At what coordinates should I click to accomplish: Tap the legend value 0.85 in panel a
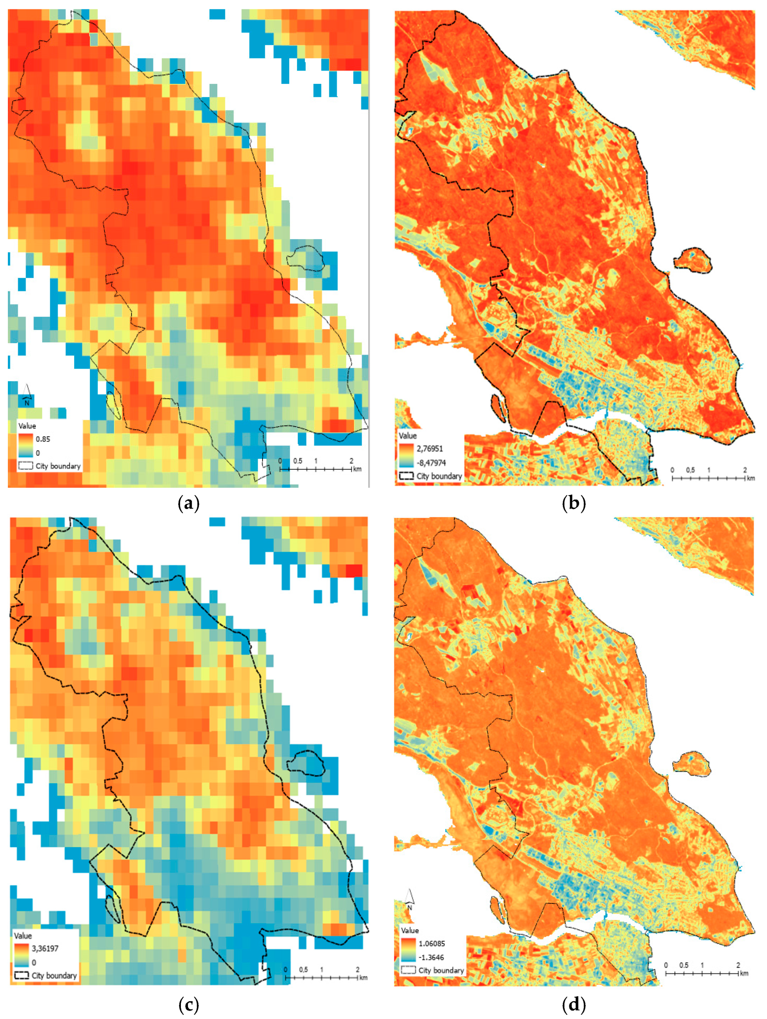43,439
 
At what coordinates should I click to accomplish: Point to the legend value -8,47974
432,463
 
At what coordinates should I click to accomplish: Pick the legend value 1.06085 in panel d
432,943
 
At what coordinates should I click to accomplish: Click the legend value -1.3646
431,957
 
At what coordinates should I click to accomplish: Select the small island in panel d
691,762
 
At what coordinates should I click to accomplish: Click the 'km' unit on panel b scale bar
751,478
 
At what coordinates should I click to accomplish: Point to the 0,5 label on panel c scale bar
303,970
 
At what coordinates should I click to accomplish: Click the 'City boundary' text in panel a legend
58,466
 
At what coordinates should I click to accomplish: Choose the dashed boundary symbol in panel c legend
21,976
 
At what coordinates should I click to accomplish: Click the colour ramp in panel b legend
406,455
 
